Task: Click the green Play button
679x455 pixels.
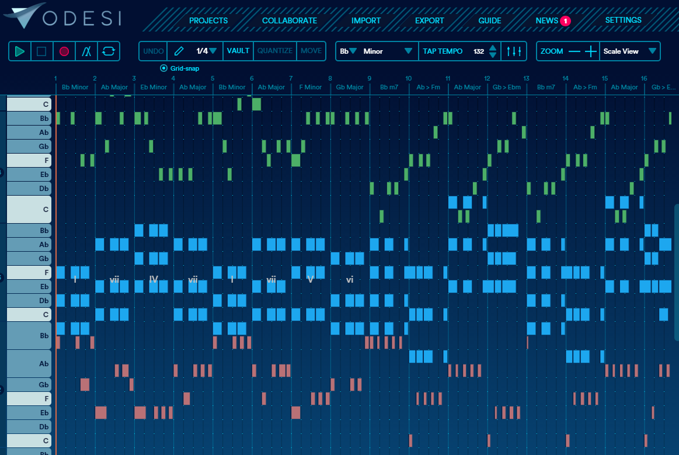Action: pos(20,51)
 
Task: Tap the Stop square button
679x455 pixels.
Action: pos(41,51)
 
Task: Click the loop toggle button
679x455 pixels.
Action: pos(109,51)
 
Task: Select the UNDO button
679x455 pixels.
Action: pos(154,51)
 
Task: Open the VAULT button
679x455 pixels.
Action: pos(238,51)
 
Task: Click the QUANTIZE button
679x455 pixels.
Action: pos(275,51)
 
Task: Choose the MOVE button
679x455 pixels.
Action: pos(311,51)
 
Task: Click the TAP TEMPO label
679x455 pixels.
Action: pos(443,51)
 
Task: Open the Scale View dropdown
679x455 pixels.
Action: pos(630,51)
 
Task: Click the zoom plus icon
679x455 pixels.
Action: pos(591,51)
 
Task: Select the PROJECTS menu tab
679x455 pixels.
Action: pos(208,20)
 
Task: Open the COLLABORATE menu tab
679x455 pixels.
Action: pos(290,20)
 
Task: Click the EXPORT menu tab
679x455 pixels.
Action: pos(430,20)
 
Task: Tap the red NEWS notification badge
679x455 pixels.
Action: pos(565,21)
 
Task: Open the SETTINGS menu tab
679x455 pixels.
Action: pos(623,20)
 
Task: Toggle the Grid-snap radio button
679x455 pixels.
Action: pos(163,68)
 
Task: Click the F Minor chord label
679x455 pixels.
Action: pos(311,88)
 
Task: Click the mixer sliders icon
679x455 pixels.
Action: pos(514,51)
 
